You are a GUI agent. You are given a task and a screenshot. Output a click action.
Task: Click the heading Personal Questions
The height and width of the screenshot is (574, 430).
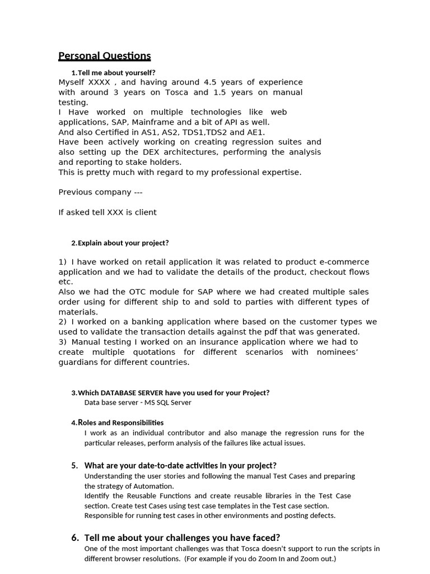pyautogui.click(x=105, y=55)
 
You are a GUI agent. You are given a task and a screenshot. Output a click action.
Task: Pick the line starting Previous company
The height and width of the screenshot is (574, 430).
pyautogui.click(x=100, y=192)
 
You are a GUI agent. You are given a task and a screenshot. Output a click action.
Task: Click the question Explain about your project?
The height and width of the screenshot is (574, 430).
pyautogui.click(x=123, y=243)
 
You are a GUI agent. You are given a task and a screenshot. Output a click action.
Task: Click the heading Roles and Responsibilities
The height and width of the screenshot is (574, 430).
pyautogui.click(x=120, y=423)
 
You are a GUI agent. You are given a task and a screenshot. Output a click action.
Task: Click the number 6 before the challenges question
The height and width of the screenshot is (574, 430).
pyautogui.click(x=75, y=538)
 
